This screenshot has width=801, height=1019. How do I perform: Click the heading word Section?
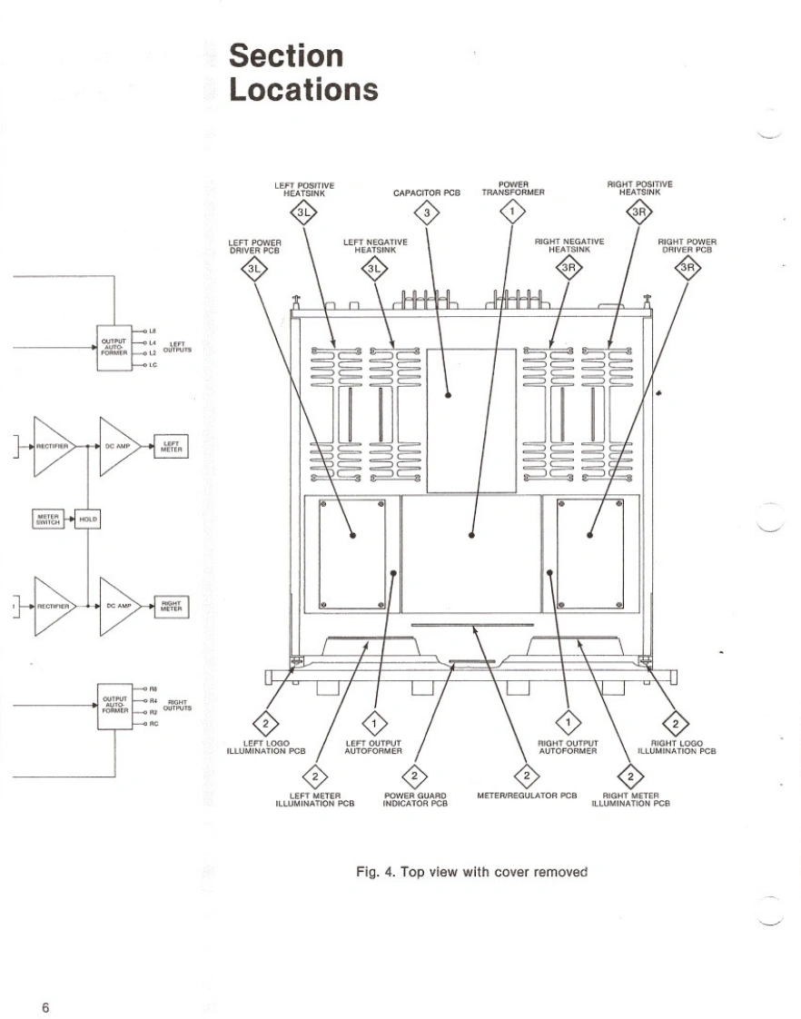(x=286, y=56)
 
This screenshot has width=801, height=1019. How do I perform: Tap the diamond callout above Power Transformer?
(x=513, y=213)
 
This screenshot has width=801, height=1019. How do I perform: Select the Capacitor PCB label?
(x=427, y=193)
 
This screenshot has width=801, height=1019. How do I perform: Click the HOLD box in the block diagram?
(x=88, y=519)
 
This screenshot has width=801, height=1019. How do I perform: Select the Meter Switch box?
(x=47, y=519)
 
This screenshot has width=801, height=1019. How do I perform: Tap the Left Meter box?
(x=171, y=447)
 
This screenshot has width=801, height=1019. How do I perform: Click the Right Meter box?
(x=171, y=604)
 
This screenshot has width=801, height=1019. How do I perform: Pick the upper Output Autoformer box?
(x=114, y=346)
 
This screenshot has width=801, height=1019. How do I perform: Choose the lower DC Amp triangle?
(x=118, y=605)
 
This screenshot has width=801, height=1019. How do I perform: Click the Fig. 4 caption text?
(x=471, y=872)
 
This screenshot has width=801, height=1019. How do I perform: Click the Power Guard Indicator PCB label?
(x=415, y=800)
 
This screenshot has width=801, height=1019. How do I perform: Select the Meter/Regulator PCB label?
(x=527, y=796)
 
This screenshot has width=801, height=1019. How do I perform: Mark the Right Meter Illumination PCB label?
(x=630, y=800)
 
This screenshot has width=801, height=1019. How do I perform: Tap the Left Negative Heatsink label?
(x=375, y=246)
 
